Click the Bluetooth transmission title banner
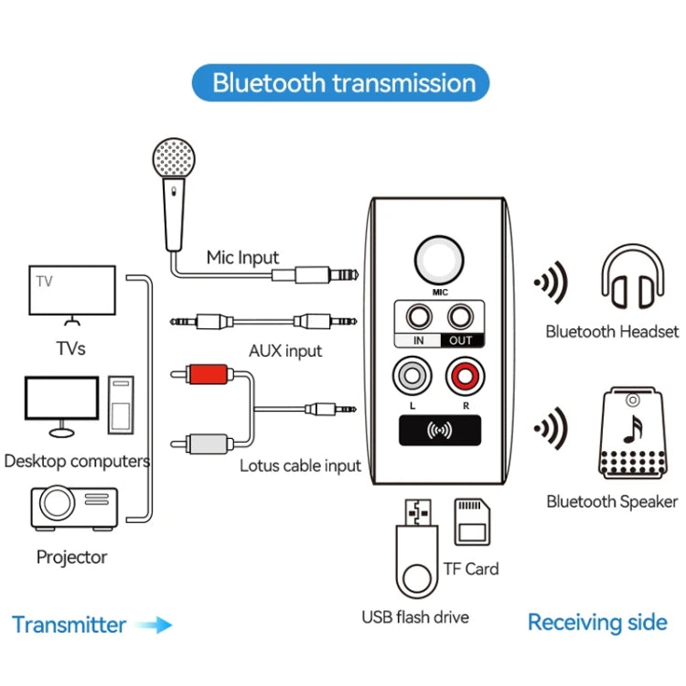click(x=343, y=83)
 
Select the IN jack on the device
click(x=419, y=318)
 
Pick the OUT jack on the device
click(x=461, y=318)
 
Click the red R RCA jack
click(x=462, y=375)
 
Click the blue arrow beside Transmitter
click(x=154, y=626)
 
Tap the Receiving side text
click(x=597, y=623)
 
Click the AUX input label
click(x=285, y=351)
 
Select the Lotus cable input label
click(x=300, y=466)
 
